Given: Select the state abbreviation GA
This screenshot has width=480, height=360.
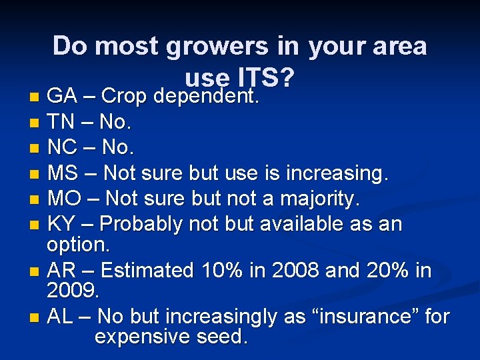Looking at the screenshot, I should pyautogui.click(x=62, y=97).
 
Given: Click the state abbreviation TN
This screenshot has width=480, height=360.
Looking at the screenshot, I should pyautogui.click(x=61, y=122).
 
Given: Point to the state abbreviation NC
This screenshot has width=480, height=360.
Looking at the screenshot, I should pyautogui.click(x=62, y=147).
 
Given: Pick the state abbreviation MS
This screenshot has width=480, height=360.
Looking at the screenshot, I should pyautogui.click(x=63, y=173).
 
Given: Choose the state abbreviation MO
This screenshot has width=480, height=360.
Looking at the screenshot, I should pyautogui.click(x=63, y=198).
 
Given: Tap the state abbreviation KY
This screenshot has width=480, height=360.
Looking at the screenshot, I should pyautogui.click(x=62, y=223).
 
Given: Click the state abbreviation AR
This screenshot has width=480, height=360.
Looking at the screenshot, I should pyautogui.click(x=62, y=270).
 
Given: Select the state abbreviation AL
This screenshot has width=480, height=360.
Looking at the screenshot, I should pyautogui.click(x=61, y=316).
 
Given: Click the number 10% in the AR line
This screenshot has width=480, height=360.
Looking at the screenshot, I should pyautogui.click(x=216, y=270).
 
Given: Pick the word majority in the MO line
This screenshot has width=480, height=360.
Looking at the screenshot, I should pyautogui.click(x=317, y=199).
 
